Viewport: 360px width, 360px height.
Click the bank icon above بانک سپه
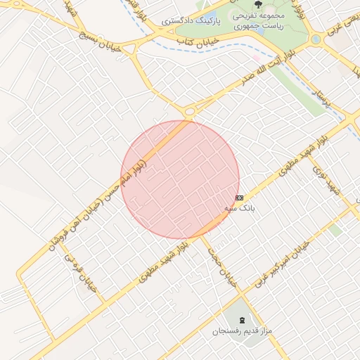[240, 198]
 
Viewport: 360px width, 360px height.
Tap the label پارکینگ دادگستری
[191, 22]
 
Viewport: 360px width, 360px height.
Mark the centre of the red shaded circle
[180, 180]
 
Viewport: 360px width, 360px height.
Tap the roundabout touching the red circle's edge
[188, 110]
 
